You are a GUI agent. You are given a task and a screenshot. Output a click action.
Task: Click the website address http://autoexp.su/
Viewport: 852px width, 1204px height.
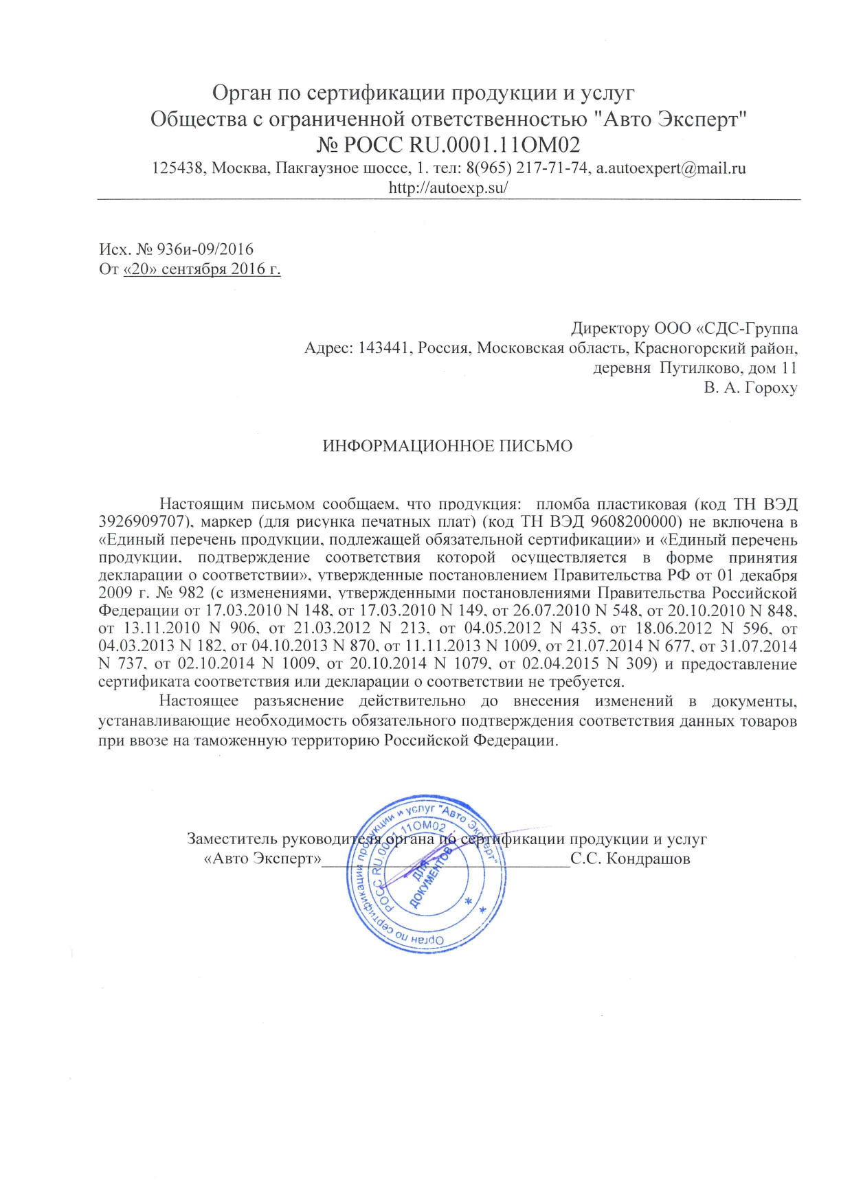(x=448, y=188)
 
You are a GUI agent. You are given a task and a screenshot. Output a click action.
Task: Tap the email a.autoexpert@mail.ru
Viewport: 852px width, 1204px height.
(x=671, y=168)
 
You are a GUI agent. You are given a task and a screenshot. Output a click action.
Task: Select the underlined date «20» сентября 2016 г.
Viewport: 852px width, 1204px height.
(x=202, y=269)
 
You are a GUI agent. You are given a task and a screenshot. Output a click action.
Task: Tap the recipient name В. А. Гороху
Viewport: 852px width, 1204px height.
(x=750, y=388)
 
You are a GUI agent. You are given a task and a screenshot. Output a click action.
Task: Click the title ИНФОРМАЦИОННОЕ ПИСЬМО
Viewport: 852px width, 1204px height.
(x=447, y=446)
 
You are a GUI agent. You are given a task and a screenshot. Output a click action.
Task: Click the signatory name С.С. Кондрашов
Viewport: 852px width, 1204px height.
(x=630, y=859)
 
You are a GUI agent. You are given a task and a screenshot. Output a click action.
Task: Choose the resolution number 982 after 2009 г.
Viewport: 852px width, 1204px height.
(x=191, y=592)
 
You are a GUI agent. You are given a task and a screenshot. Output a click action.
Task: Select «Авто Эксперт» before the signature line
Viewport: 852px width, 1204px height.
(x=263, y=859)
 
